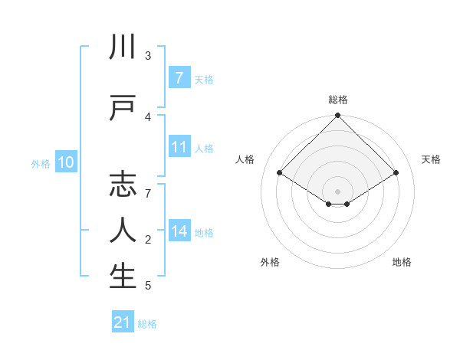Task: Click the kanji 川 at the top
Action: click(123, 48)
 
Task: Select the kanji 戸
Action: click(123, 107)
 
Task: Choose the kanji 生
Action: click(123, 275)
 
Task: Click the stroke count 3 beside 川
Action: click(148, 56)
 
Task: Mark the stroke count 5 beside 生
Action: click(148, 286)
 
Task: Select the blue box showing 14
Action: click(179, 231)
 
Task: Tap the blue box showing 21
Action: click(123, 322)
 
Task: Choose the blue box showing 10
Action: click(66, 162)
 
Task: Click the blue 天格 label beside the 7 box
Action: click(204, 79)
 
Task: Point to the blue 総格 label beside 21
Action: click(147, 324)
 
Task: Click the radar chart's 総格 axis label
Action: click(337, 100)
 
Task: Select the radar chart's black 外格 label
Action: click(270, 262)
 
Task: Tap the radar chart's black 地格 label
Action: click(402, 262)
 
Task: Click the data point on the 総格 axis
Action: click(337, 116)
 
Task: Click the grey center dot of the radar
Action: click(337, 191)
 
